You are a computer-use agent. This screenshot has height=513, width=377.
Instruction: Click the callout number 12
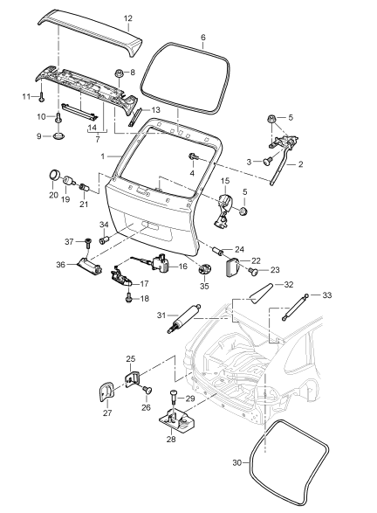(x=127, y=18)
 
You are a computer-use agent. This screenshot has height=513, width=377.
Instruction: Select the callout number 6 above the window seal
(x=202, y=38)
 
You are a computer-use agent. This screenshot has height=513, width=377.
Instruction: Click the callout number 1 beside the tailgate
(x=102, y=156)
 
